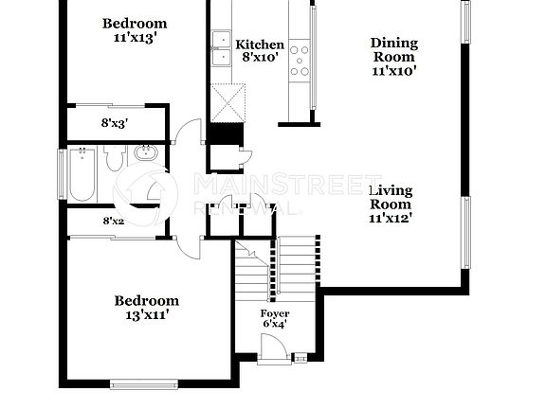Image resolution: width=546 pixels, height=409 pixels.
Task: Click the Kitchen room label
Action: [259, 44]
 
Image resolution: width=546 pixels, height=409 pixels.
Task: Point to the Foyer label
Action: [275, 313]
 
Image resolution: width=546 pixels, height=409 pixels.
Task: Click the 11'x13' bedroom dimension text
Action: [135, 38]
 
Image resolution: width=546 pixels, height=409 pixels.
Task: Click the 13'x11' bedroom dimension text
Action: [147, 315]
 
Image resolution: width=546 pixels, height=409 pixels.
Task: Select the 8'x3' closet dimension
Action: [116, 122]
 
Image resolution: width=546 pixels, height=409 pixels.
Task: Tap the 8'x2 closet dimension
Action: [114, 222]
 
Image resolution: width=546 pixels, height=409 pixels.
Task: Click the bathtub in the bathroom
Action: [81, 174]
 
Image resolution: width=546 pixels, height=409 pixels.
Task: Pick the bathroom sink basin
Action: [146, 154]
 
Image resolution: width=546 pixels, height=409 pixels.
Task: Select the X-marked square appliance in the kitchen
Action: [228, 100]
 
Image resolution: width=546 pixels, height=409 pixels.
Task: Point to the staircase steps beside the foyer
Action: [296, 258]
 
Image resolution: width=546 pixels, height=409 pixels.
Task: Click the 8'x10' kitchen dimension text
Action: [259, 58]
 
